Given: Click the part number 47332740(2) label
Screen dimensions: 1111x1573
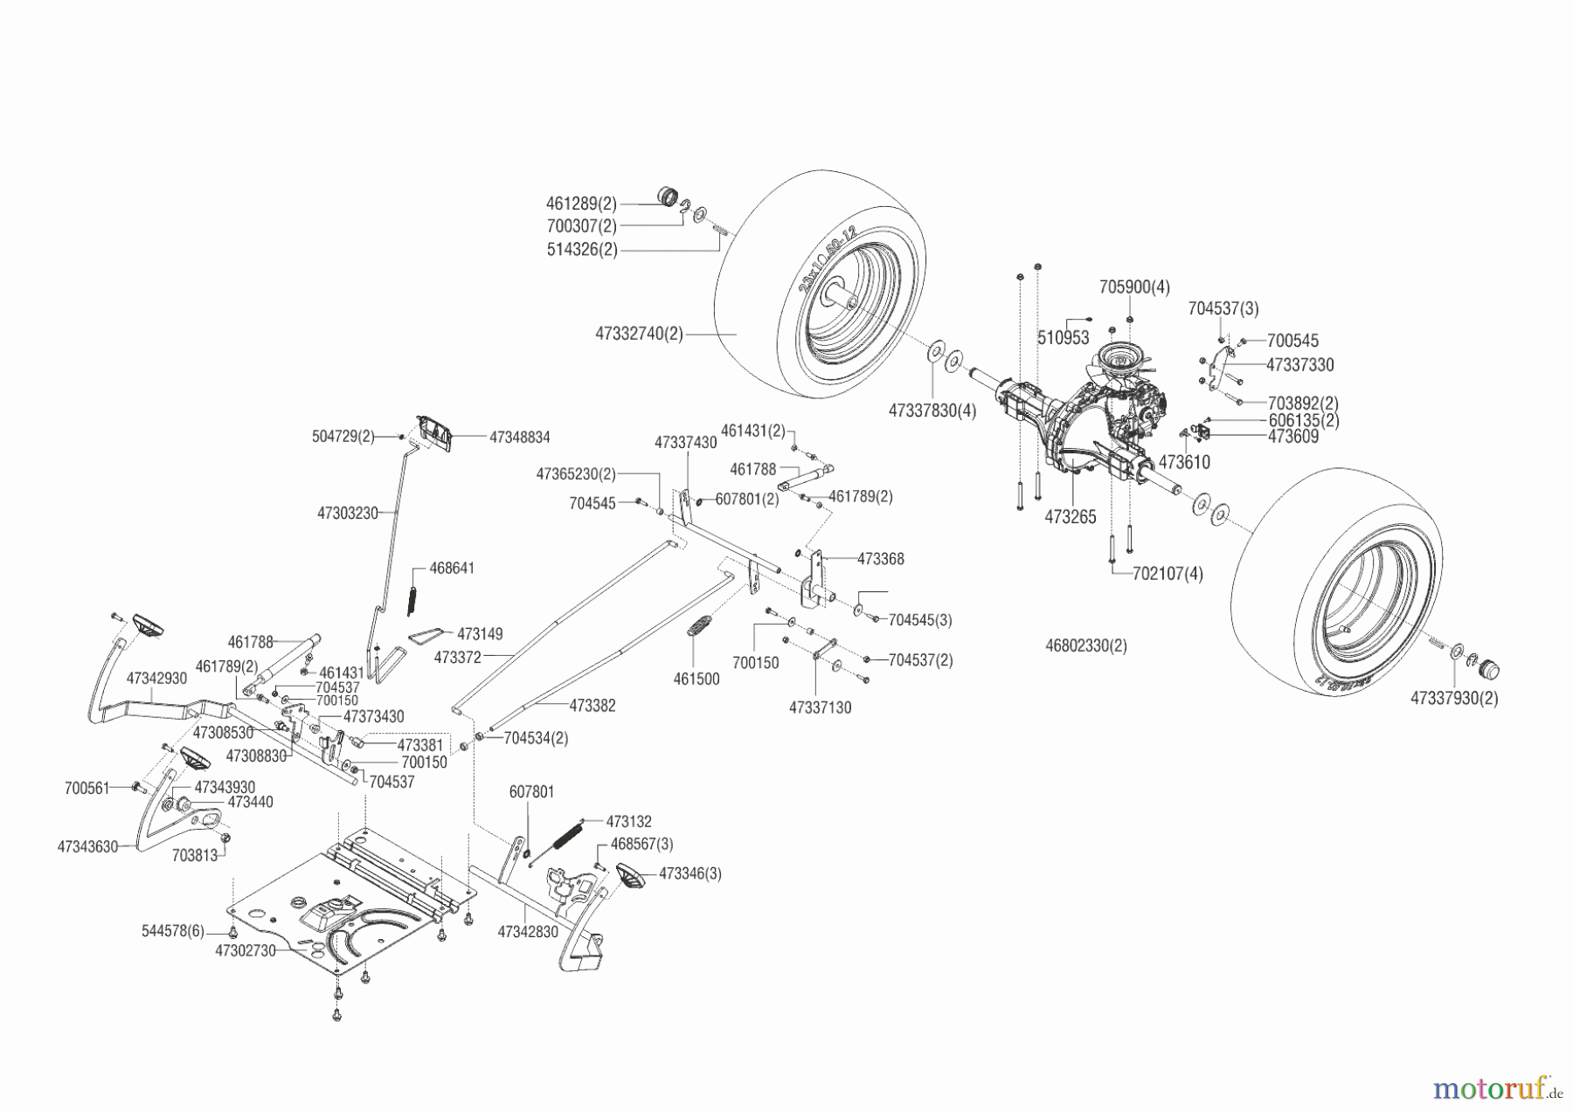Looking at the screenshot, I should tap(639, 334).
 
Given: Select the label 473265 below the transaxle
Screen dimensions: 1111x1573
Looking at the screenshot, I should tap(1070, 517).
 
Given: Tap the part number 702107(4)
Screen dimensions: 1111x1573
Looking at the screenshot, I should tap(1168, 575).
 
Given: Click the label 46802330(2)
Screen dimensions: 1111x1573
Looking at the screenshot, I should tap(1085, 646).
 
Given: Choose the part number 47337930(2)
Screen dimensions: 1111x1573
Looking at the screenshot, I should tap(1454, 698).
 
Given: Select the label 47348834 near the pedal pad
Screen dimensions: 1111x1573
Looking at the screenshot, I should tap(519, 437).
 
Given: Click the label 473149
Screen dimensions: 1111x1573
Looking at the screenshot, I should tap(480, 633).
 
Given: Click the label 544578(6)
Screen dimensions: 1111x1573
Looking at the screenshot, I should tap(172, 932).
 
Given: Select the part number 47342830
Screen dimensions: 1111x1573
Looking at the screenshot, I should tap(527, 932).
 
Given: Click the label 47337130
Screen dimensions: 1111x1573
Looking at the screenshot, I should tap(820, 707).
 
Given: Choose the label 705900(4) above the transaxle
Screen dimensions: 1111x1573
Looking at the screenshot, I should tap(1134, 287).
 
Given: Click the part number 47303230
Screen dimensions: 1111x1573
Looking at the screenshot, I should tap(347, 514).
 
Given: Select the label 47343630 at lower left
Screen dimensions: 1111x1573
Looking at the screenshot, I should tap(87, 846).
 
